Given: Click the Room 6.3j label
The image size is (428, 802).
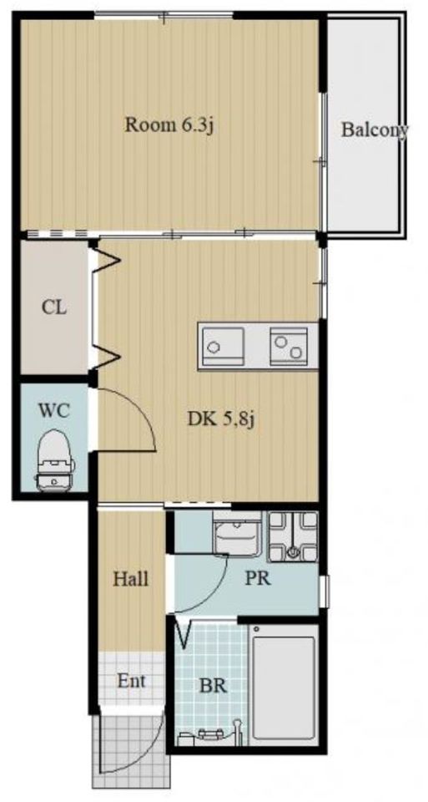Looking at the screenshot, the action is point(169,125).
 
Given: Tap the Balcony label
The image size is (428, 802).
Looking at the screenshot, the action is point(375,130).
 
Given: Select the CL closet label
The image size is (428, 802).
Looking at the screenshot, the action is point(55,308).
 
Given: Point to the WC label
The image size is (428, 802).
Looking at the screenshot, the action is point(53,410).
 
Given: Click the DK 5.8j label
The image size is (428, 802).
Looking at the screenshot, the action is point(220,419).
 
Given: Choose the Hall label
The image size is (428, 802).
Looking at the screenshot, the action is point(131,579).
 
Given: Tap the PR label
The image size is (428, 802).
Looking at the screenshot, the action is point(257,578).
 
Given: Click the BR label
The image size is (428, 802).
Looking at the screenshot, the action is point(214,686).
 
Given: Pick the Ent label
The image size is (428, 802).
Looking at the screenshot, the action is point(131,681).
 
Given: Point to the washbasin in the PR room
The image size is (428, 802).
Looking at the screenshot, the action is point(236,534).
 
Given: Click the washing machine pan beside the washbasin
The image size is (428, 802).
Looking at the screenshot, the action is point(293,536).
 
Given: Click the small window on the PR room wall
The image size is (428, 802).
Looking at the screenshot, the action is point(324,591).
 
